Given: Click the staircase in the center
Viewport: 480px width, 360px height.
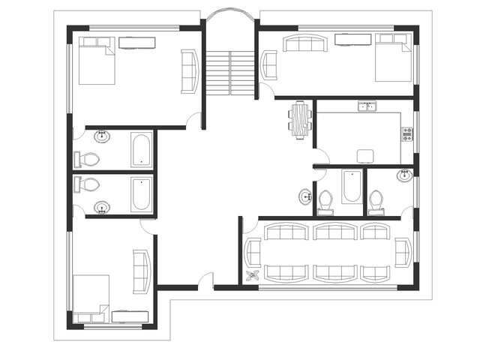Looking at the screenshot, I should (230, 73).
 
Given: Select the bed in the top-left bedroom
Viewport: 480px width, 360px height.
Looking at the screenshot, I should (96, 61).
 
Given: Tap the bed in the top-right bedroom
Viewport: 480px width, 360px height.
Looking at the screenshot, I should (393, 58).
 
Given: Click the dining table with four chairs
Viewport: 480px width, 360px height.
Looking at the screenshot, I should (301, 120).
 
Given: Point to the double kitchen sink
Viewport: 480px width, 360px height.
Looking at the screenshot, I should (367, 107).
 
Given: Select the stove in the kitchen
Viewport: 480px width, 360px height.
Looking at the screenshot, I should (407, 134).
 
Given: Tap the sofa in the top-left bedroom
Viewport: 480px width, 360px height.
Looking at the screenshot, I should (188, 71).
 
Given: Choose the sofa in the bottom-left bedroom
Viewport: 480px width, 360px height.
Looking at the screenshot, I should (141, 271).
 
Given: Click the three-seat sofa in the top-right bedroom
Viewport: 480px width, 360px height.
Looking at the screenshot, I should (306, 44).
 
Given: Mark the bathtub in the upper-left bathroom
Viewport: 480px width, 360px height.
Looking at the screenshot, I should (141, 149).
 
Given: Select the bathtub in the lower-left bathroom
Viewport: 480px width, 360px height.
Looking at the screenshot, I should (140, 194).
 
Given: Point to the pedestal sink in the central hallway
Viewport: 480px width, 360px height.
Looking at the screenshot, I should (305, 197).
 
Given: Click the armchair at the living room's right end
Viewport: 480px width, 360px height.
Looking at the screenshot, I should (403, 252).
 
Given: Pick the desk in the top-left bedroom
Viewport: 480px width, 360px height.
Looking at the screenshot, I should (136, 43).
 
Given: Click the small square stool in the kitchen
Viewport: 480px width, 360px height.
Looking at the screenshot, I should (365, 156).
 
